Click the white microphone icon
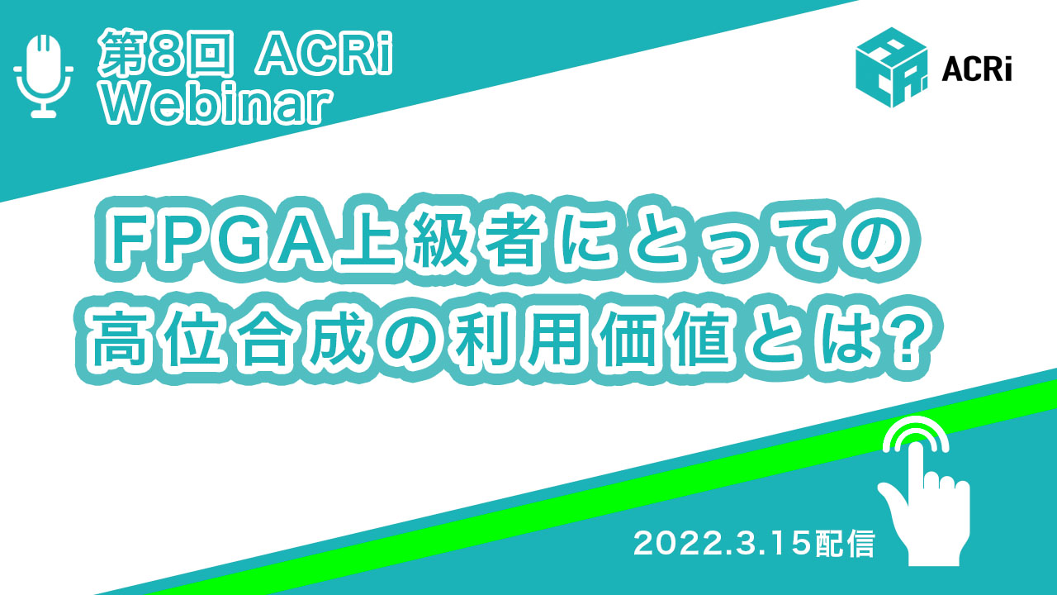coord(44,75)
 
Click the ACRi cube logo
coord(891,68)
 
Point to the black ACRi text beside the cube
coord(976,72)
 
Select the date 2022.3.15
coord(724,544)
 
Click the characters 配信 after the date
coord(846,544)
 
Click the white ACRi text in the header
coord(323,54)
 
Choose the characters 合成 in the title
coord(302,339)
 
